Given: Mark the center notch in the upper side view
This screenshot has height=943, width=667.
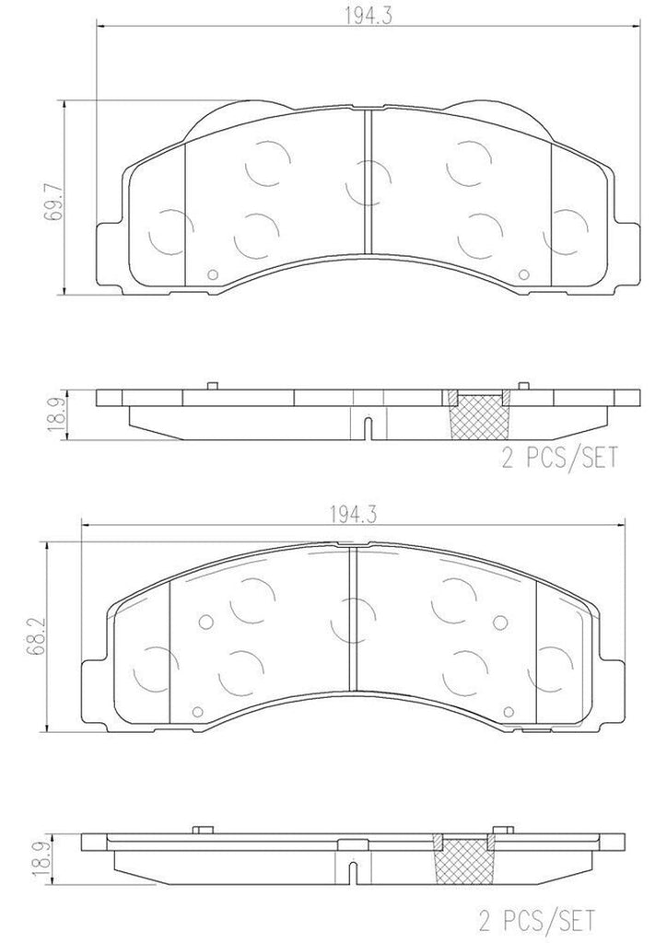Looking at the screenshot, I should pos(367,427).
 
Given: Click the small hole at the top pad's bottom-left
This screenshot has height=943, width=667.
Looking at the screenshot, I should pos(211,273).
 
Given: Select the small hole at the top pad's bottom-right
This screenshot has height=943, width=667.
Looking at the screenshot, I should pos(524,273).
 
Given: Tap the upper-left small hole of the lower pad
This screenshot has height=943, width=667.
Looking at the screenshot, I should pos(205,621).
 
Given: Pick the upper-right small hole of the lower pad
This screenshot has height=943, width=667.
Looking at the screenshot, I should pos(501,621).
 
